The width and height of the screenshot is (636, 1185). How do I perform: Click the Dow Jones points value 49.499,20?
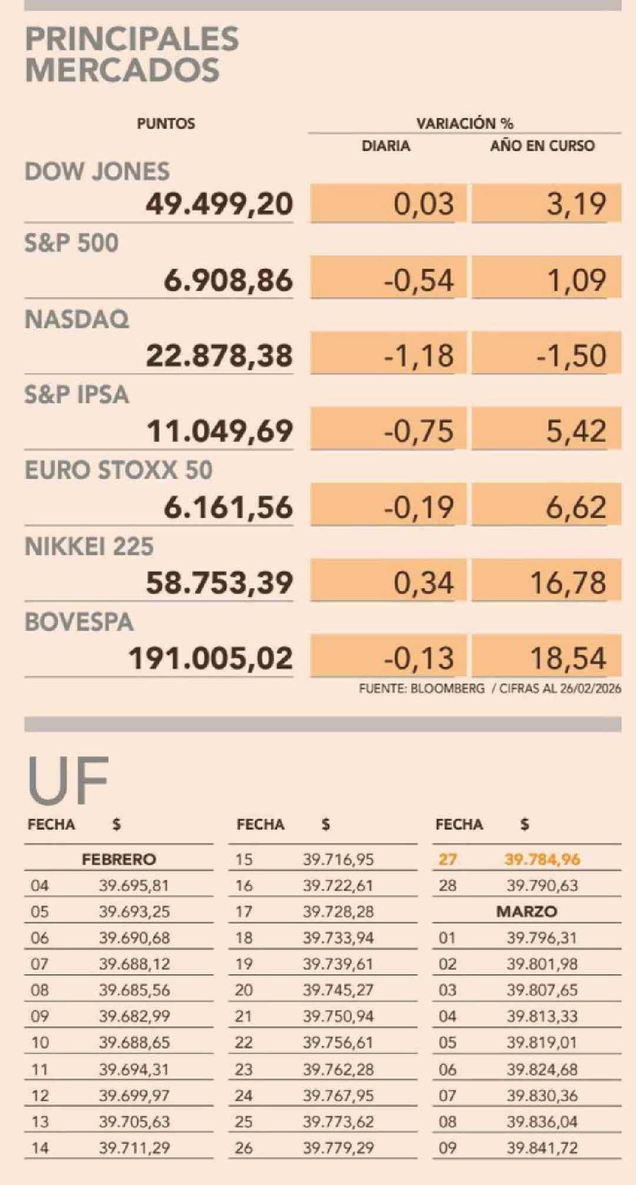pos(219,204)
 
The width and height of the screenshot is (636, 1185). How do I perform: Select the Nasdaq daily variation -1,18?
pos(419,356)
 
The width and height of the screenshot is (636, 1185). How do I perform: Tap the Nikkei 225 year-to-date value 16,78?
pos(568,582)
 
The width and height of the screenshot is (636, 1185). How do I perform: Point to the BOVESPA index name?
pos(79,623)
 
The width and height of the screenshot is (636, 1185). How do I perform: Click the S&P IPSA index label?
pos(77,395)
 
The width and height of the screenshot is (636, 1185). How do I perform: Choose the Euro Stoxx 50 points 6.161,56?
pos(228,507)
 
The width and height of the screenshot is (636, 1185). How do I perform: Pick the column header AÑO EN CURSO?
pos(542,145)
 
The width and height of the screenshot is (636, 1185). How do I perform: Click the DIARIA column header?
pos(386,145)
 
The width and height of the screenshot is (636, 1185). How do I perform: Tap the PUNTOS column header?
pos(165,124)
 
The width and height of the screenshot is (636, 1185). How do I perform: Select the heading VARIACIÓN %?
pos(465,124)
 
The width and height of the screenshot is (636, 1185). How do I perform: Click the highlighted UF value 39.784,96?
pos(542,859)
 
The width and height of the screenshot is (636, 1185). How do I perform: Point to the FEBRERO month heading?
pos(119,859)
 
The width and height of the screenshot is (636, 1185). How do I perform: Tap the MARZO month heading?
pos(526,912)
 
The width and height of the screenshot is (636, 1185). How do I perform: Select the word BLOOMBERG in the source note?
pos(447,689)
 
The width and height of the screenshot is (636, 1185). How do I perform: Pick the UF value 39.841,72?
pos(542,1147)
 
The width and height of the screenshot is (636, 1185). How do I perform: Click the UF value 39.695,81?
pos(134,885)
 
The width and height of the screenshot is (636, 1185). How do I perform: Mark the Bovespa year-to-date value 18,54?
pos(568,658)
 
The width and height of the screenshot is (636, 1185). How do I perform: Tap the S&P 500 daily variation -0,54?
pos(419,280)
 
